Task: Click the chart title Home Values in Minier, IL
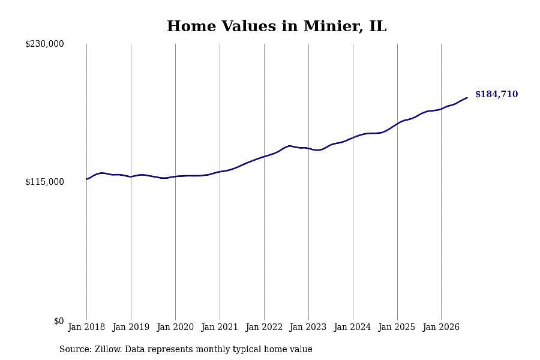pyautogui.click(x=277, y=26)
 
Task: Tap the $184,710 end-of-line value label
pyautogui.click(x=496, y=94)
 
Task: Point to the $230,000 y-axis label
pyautogui.click(x=44, y=44)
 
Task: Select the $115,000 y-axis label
pyautogui.click(x=44, y=182)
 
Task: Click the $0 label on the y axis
pyautogui.click(x=59, y=321)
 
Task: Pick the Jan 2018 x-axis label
pyautogui.click(x=86, y=327)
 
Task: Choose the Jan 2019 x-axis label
pyautogui.click(x=131, y=327)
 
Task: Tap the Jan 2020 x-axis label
pyautogui.click(x=175, y=327)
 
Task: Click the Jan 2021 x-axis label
pyautogui.click(x=220, y=327)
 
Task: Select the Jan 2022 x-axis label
pyautogui.click(x=264, y=327)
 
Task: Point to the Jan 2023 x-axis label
pyautogui.click(x=308, y=327)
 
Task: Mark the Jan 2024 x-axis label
pyautogui.click(x=353, y=327)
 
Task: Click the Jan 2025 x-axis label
pyautogui.click(x=397, y=327)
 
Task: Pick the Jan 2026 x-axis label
pyautogui.click(x=441, y=327)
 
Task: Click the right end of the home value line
pyautogui.click(x=467, y=98)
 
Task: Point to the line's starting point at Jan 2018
pyautogui.click(x=86, y=179)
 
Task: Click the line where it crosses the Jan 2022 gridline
pyautogui.click(x=264, y=157)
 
